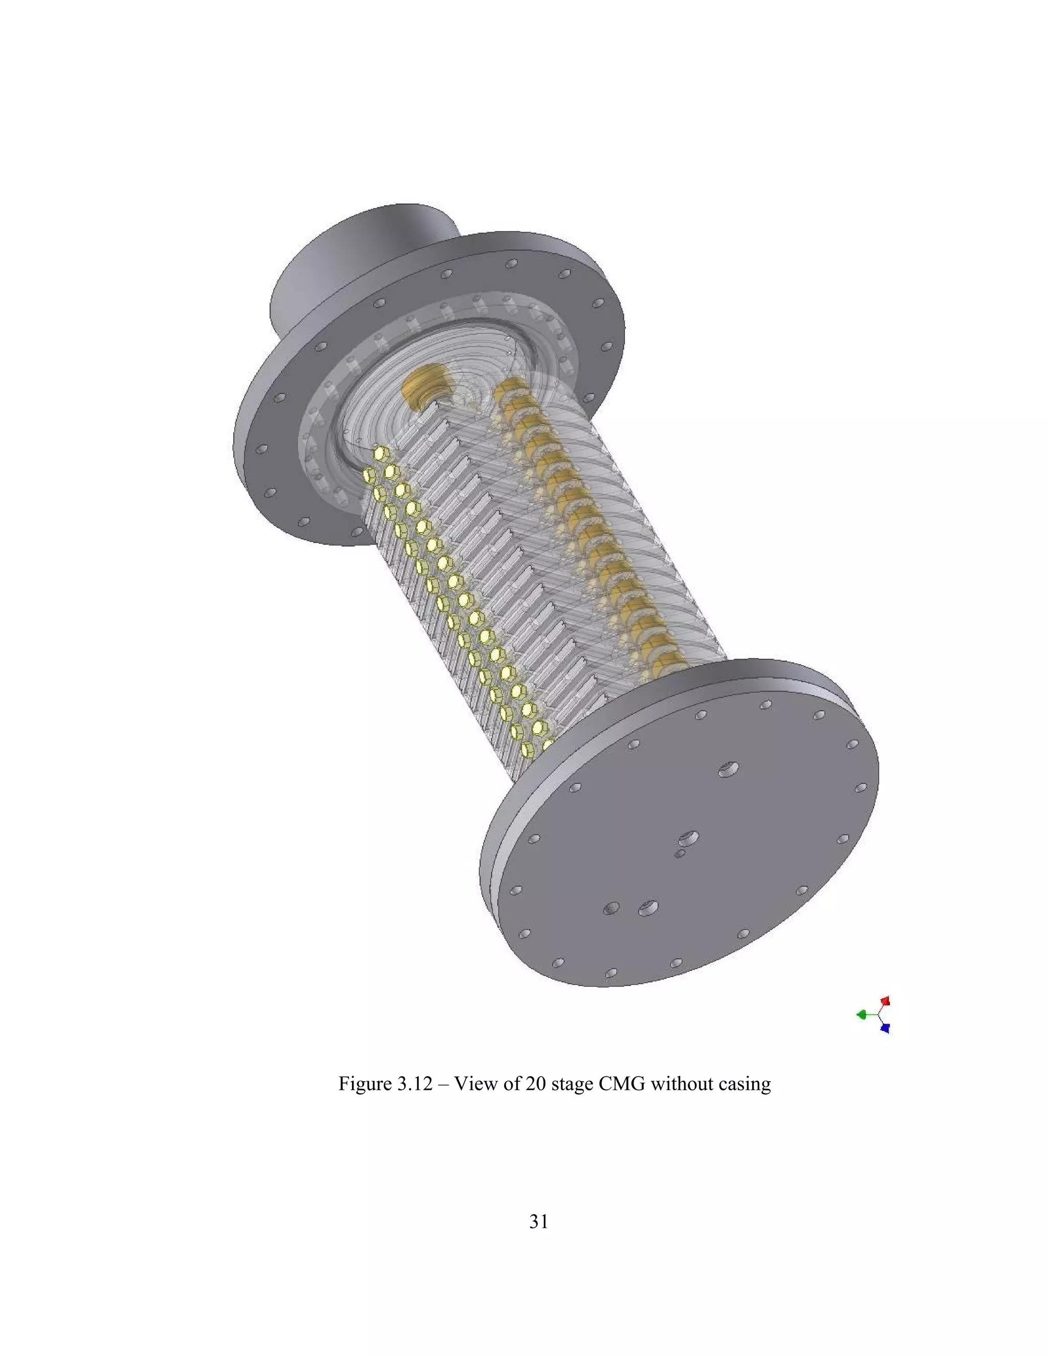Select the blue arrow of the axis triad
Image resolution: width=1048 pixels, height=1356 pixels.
tap(885, 1028)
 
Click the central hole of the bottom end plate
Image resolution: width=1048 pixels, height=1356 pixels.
tap(689, 838)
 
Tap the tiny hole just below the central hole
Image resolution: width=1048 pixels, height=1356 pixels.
tap(681, 855)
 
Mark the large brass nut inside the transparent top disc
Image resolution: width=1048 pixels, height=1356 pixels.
tap(422, 389)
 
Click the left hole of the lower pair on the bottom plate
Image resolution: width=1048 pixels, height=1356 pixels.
tap(612, 908)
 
